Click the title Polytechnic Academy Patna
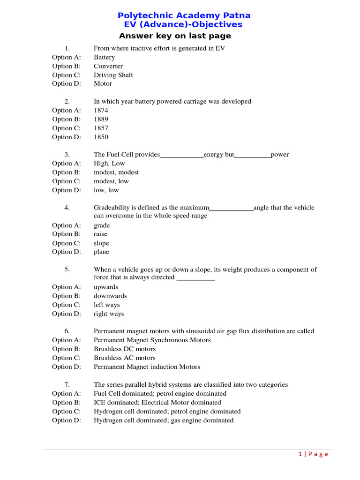click(184, 15)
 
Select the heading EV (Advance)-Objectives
click(180, 25)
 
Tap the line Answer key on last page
click(175, 36)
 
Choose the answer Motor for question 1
click(103, 84)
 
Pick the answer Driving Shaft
click(113, 75)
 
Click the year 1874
click(101, 111)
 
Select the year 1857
click(101, 128)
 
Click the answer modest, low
click(111, 181)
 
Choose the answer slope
click(101, 243)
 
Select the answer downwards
click(110, 296)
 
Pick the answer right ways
click(109, 314)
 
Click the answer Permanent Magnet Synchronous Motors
click(152, 340)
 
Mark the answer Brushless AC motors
click(124, 358)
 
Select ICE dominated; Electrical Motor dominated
click(157, 402)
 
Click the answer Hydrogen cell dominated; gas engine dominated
click(163, 420)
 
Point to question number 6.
click(67, 331)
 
